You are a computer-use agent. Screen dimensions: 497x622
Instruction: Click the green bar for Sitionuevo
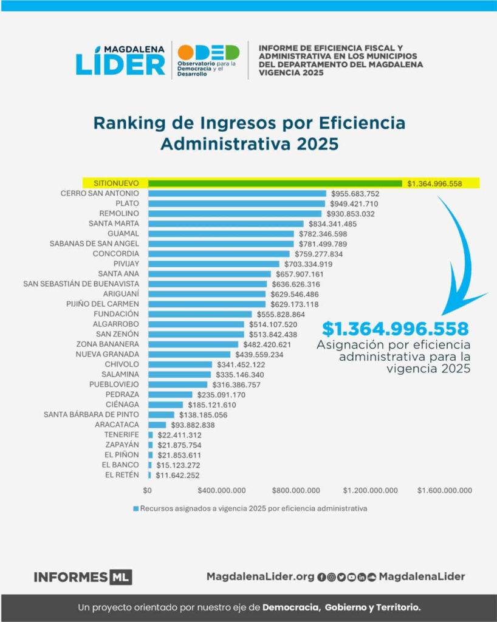coord(275,183)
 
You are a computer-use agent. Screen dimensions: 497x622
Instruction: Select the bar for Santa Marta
coord(226,224)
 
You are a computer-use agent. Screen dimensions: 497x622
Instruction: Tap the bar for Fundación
coord(200,314)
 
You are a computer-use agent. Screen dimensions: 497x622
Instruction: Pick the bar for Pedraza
coord(170,395)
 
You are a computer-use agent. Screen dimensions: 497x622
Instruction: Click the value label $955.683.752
coord(355,194)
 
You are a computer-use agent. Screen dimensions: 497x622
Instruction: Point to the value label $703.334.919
coord(308,264)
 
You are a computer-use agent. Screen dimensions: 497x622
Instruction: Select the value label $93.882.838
coord(193,425)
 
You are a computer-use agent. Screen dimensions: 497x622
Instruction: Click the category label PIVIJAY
coord(126,264)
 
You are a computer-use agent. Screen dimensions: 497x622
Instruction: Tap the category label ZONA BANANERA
coord(108,344)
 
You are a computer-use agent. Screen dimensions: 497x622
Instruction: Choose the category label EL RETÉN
coord(122,475)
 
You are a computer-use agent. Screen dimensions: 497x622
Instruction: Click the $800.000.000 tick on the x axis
coord(296,490)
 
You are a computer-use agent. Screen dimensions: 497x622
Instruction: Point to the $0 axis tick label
coord(147,490)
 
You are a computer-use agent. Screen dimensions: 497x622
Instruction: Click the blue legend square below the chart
coord(135,508)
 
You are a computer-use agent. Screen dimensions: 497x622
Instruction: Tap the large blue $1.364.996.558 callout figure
coord(396,329)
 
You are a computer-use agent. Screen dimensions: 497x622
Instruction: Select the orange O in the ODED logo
coord(186,52)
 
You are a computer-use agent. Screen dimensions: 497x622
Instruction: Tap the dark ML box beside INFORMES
coord(120,577)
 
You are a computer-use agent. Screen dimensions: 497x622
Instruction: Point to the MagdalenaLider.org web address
coord(260,577)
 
